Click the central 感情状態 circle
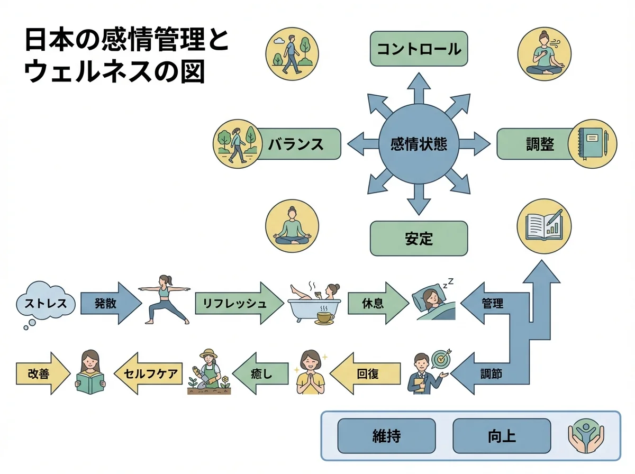point(418,143)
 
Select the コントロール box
point(418,49)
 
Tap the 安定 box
point(418,239)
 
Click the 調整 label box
point(534,143)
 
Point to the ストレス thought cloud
point(44,304)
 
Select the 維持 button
point(386,436)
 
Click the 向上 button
point(502,436)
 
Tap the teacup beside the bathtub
point(324,317)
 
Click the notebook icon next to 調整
point(593,143)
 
